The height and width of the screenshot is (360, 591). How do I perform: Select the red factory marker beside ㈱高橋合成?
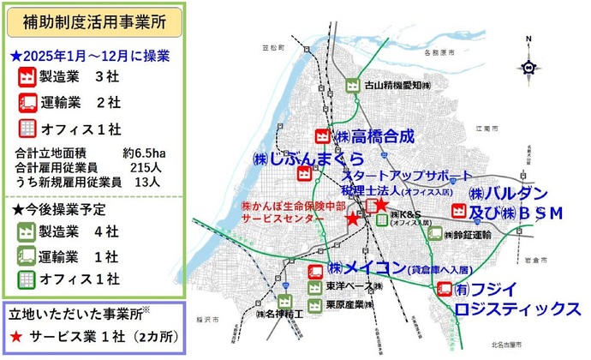(323, 136)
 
